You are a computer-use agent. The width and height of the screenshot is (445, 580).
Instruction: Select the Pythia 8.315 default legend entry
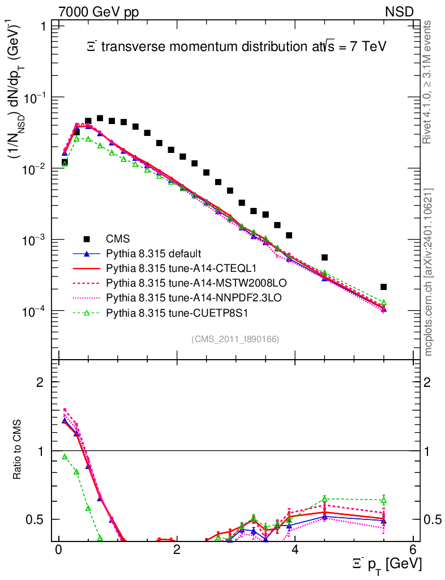point(154,253)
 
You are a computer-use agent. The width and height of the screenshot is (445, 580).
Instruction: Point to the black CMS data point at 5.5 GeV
point(383,287)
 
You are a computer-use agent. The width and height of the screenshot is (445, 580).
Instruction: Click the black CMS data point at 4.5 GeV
point(324,257)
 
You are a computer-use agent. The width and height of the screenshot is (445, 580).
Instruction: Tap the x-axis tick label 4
point(295,551)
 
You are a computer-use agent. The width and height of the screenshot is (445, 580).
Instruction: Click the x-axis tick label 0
point(58,551)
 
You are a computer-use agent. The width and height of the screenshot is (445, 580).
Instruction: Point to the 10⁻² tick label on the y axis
point(33,169)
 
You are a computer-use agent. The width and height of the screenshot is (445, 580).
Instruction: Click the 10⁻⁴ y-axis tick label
point(33,312)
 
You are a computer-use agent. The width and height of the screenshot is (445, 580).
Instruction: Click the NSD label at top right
point(400,11)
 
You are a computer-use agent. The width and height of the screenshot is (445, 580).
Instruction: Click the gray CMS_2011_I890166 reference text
point(235,339)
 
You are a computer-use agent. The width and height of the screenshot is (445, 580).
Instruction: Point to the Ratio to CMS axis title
point(18,450)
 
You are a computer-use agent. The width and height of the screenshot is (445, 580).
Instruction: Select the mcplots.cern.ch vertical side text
point(429,272)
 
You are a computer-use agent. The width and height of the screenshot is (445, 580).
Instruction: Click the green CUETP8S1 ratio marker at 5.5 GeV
point(383,500)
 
